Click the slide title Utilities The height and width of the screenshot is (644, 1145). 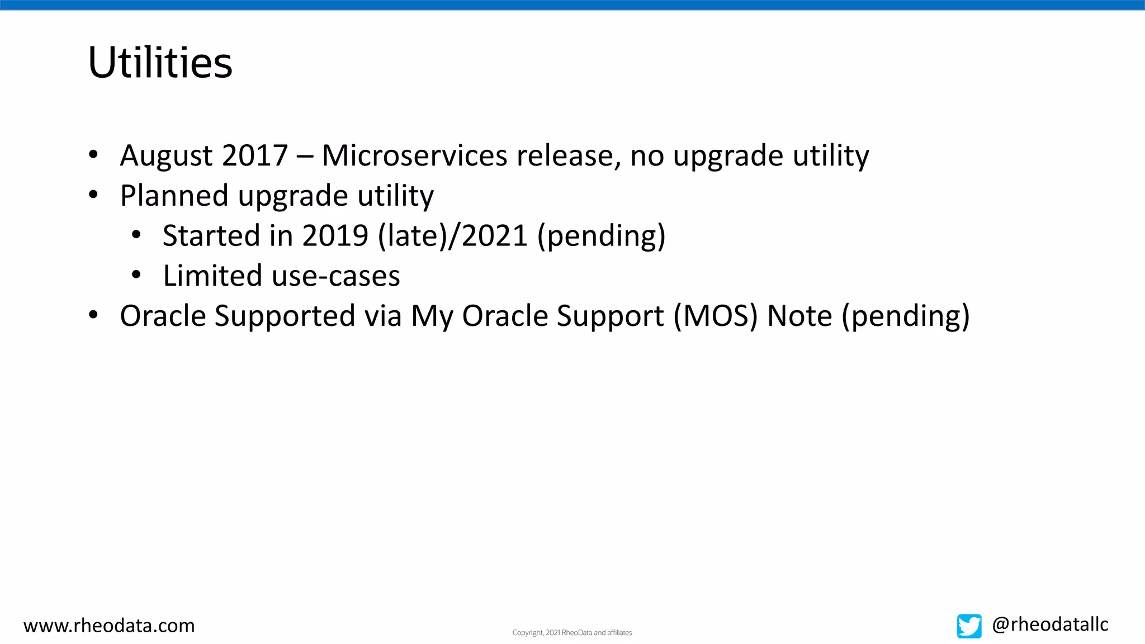click(x=160, y=62)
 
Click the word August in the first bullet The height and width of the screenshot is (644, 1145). click(x=166, y=155)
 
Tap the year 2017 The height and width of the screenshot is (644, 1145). click(x=255, y=155)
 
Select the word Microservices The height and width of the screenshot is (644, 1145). click(x=414, y=155)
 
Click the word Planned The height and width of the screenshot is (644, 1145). click(x=174, y=196)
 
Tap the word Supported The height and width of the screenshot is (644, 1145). click(x=285, y=316)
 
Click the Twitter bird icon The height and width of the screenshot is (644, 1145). click(x=969, y=626)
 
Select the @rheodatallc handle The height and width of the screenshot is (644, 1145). click(x=1050, y=624)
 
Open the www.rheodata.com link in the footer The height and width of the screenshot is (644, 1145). click(x=109, y=626)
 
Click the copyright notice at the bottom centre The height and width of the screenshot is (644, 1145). click(x=572, y=633)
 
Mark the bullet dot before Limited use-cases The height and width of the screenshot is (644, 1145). click(x=136, y=275)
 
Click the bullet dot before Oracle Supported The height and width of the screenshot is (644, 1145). click(x=93, y=315)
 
